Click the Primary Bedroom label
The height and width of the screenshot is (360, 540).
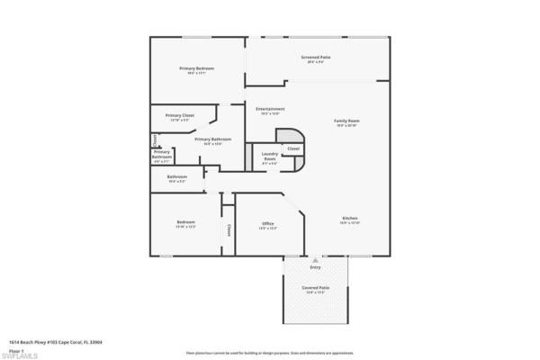196,68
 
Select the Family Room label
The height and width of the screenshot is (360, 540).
346,121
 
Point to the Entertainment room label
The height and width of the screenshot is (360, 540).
270,109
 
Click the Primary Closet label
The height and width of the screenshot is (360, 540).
180,115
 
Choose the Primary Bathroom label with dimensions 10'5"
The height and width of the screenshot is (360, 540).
212,139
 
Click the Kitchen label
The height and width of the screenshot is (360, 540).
350,219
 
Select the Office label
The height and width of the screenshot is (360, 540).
267,224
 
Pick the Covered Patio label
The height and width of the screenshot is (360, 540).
317,288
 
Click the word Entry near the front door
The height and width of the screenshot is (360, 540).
315,267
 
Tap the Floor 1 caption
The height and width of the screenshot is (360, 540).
15,349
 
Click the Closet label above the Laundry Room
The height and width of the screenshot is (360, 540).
293,148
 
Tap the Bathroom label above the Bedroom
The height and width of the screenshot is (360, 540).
176,176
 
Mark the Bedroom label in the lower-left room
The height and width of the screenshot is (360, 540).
185,222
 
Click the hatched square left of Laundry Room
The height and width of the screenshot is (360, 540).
248,155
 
